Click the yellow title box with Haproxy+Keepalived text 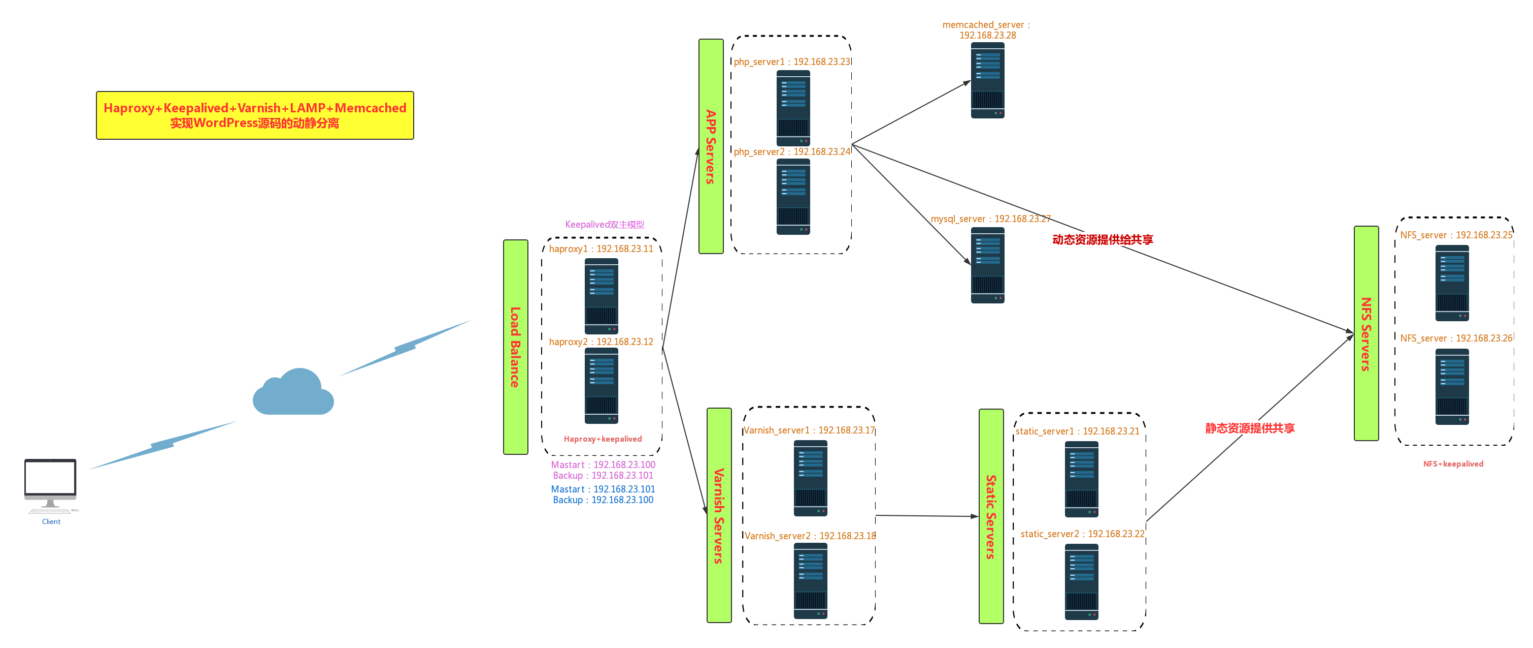coord(255,115)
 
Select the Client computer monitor coord(51,479)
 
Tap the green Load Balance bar coord(515,347)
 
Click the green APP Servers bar coord(711,146)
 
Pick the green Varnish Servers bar coord(719,515)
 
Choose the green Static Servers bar coord(991,516)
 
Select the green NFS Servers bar coord(1367,333)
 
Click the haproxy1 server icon coord(601,296)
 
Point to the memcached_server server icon coord(987,80)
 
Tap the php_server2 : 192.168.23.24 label coord(791,152)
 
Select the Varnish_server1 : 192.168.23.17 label coord(809,430)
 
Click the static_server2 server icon coord(1081,581)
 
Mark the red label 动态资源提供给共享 coord(1102,239)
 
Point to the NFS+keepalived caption coord(1453,464)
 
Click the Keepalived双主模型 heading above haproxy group coord(604,225)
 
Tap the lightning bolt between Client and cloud coord(162,445)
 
